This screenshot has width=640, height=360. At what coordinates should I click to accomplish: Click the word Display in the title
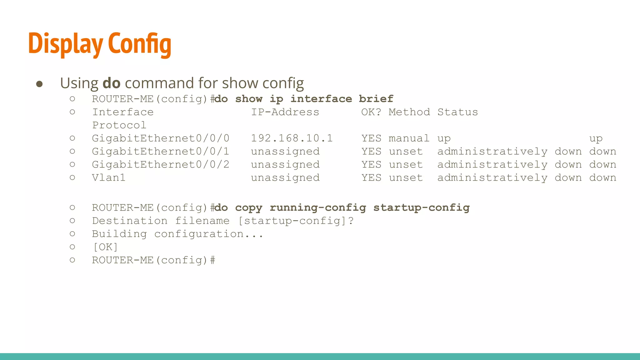tap(66, 44)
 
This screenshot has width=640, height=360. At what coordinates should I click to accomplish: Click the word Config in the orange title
tap(140, 44)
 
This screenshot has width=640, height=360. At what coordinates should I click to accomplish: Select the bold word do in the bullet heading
tap(111, 83)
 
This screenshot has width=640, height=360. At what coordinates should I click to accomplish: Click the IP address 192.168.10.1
tap(292, 138)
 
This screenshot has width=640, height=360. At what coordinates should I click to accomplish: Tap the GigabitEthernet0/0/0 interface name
tap(161, 138)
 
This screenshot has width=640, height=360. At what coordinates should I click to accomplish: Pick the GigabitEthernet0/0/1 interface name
tap(161, 151)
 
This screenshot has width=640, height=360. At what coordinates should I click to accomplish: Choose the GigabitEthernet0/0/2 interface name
tap(161, 164)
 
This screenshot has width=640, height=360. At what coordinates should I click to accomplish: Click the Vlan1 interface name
tap(109, 177)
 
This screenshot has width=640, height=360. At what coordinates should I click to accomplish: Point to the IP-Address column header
tap(285, 112)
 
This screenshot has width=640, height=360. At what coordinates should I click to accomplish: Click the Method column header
tap(409, 112)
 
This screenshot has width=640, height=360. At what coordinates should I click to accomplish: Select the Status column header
tap(457, 112)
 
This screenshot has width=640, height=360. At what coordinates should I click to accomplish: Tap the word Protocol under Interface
tap(119, 125)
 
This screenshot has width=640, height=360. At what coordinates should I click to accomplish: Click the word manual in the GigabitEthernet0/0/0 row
tap(409, 138)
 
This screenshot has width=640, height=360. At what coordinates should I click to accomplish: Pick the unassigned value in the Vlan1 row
tap(285, 177)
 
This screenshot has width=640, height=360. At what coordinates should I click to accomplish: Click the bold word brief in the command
tap(376, 99)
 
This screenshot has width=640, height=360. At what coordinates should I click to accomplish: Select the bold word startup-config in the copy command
tap(422, 207)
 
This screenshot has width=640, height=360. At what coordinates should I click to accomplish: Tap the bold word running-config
tap(318, 207)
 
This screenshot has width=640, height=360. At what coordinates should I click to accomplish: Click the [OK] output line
tap(105, 247)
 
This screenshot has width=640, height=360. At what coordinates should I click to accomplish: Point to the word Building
tap(119, 234)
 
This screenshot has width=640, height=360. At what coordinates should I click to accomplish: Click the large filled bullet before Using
tap(39, 84)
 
